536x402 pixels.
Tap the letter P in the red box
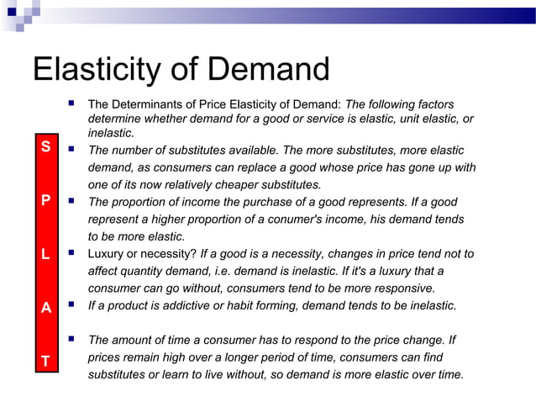coord(45,202)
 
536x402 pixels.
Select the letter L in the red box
coord(45,253)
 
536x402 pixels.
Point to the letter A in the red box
coord(45,308)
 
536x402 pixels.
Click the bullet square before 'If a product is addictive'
coord(73,304)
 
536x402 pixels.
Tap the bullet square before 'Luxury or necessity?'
coord(73,252)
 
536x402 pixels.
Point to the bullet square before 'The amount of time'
coord(73,339)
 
